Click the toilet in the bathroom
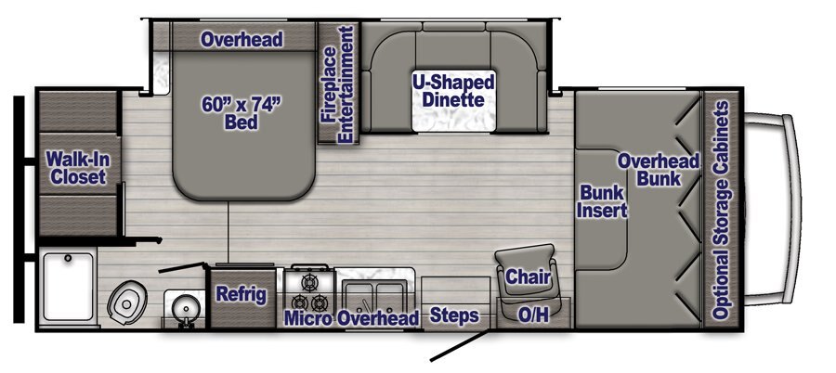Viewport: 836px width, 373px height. pyautogui.click(x=127, y=303)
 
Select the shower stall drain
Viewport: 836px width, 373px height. pyautogui.click(x=68, y=259)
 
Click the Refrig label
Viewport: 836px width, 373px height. pyautogui.click(x=241, y=295)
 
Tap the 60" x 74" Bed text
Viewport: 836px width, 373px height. pyautogui.click(x=241, y=113)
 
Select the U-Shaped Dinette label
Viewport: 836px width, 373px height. pyautogui.click(x=453, y=91)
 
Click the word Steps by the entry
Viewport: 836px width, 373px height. pyautogui.click(x=453, y=315)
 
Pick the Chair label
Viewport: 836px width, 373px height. pyautogui.click(x=528, y=277)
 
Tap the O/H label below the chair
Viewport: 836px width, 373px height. pyautogui.click(x=532, y=315)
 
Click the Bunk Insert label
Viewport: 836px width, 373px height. pyautogui.click(x=603, y=201)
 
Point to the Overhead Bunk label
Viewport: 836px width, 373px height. pyautogui.click(x=659, y=170)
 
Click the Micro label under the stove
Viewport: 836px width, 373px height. pyautogui.click(x=308, y=318)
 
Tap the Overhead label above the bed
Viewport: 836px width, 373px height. pyautogui.click(x=241, y=39)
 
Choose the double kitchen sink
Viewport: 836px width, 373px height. pyautogui.click(x=374, y=296)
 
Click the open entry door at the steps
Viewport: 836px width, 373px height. pyautogui.click(x=460, y=346)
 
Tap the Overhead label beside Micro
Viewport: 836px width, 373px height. pyautogui.click(x=378, y=318)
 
